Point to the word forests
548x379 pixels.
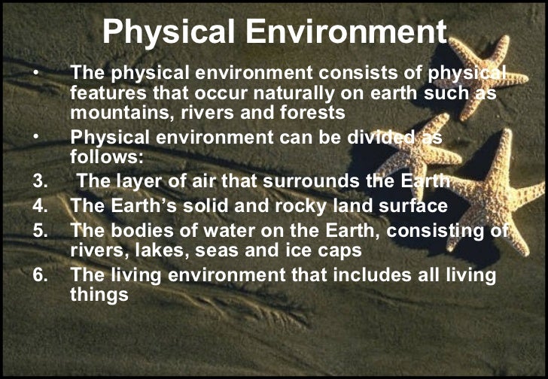(309, 113)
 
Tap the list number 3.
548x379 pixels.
(40, 181)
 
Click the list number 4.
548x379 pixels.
(40, 205)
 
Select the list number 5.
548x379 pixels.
(40, 229)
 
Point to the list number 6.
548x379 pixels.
(40, 275)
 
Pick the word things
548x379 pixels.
(99, 296)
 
